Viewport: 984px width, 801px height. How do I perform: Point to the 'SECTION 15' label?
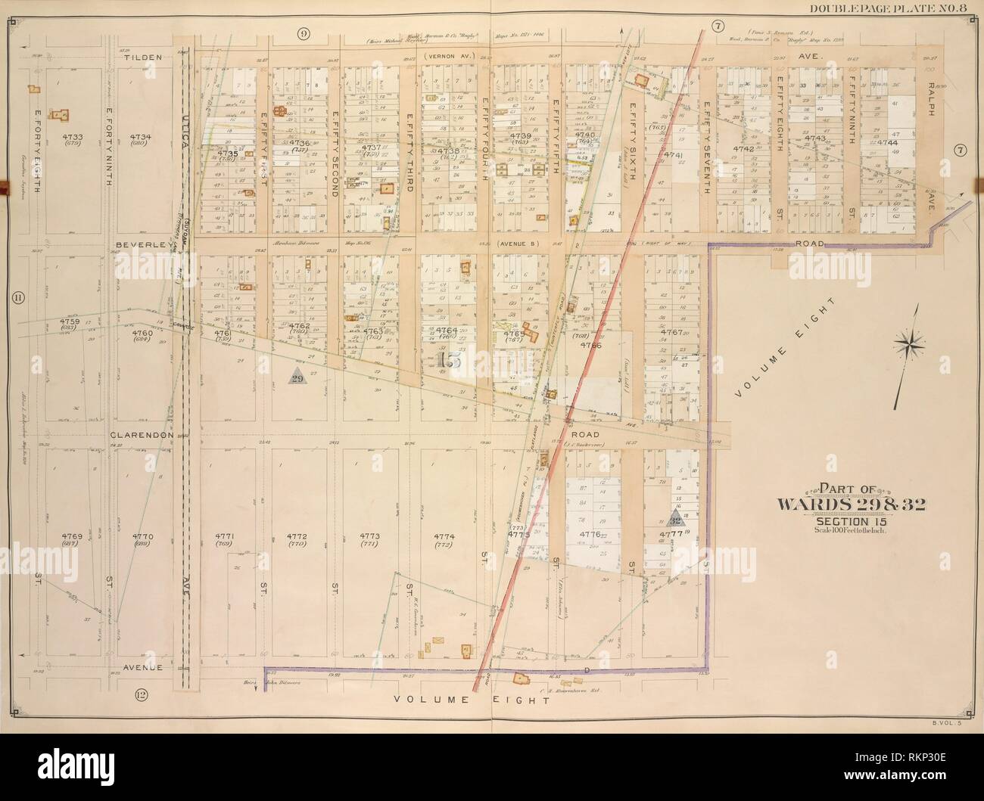tap(831, 520)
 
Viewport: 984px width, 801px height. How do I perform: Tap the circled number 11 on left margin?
tap(17, 298)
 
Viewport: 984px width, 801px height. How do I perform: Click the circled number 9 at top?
tap(303, 32)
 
